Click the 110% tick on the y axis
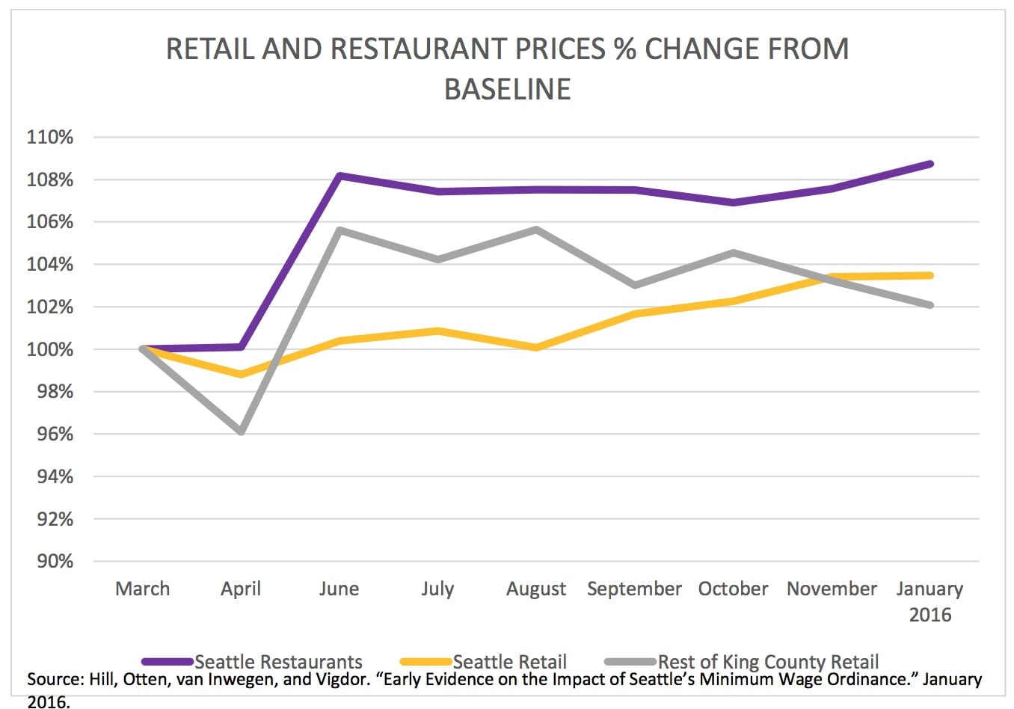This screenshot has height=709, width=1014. [x=50, y=138]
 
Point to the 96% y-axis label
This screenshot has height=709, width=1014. [x=50, y=435]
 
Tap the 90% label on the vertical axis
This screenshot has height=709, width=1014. [x=50, y=562]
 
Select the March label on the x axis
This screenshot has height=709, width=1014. [x=142, y=589]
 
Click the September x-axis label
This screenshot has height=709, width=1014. [x=634, y=589]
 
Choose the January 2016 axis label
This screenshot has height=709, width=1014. [x=930, y=601]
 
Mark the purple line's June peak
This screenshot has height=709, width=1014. [x=339, y=176]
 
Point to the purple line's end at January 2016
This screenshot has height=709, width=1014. [x=930, y=164]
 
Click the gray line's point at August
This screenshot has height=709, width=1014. [x=536, y=229]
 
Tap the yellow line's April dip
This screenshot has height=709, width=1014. [x=241, y=374]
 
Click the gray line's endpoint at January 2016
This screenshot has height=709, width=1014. [x=930, y=305]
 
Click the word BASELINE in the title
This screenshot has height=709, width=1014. [x=507, y=89]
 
